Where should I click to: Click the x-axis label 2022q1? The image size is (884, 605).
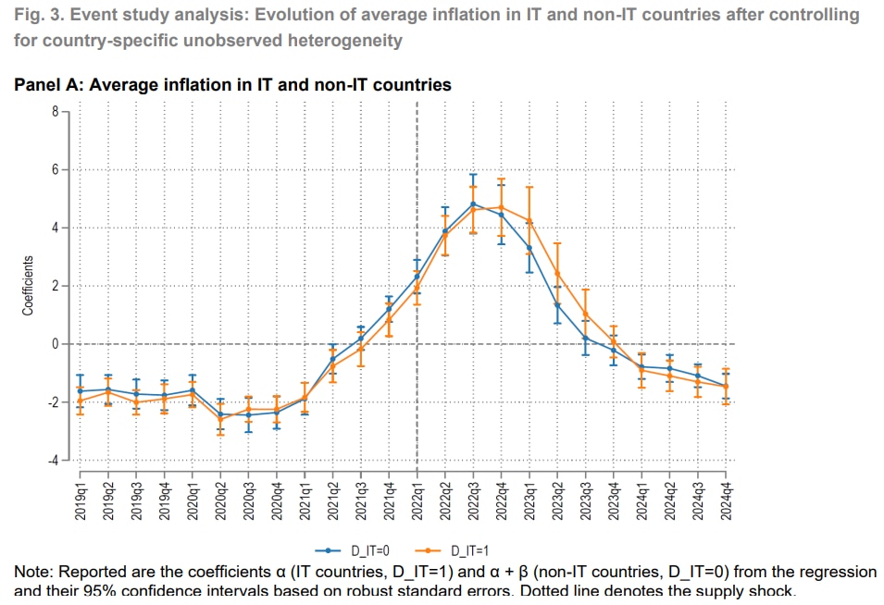point(417,498)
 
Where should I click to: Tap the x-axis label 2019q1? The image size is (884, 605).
point(81,498)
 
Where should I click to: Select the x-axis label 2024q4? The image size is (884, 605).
point(726,498)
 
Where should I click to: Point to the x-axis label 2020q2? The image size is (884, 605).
point(220,498)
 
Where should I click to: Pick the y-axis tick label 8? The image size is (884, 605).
point(55,112)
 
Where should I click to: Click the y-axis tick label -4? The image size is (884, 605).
point(53,460)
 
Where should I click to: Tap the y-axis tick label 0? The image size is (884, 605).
point(55,344)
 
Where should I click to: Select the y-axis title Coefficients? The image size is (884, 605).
point(29,286)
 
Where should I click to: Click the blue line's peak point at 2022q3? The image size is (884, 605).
point(473,204)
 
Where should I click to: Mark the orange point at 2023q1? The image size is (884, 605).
point(529,220)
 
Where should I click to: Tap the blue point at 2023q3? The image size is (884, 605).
point(585,338)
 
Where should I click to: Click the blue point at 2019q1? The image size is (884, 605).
point(81,390)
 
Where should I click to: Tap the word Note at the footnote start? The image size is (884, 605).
point(32,572)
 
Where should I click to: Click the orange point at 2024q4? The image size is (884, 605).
point(726,387)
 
